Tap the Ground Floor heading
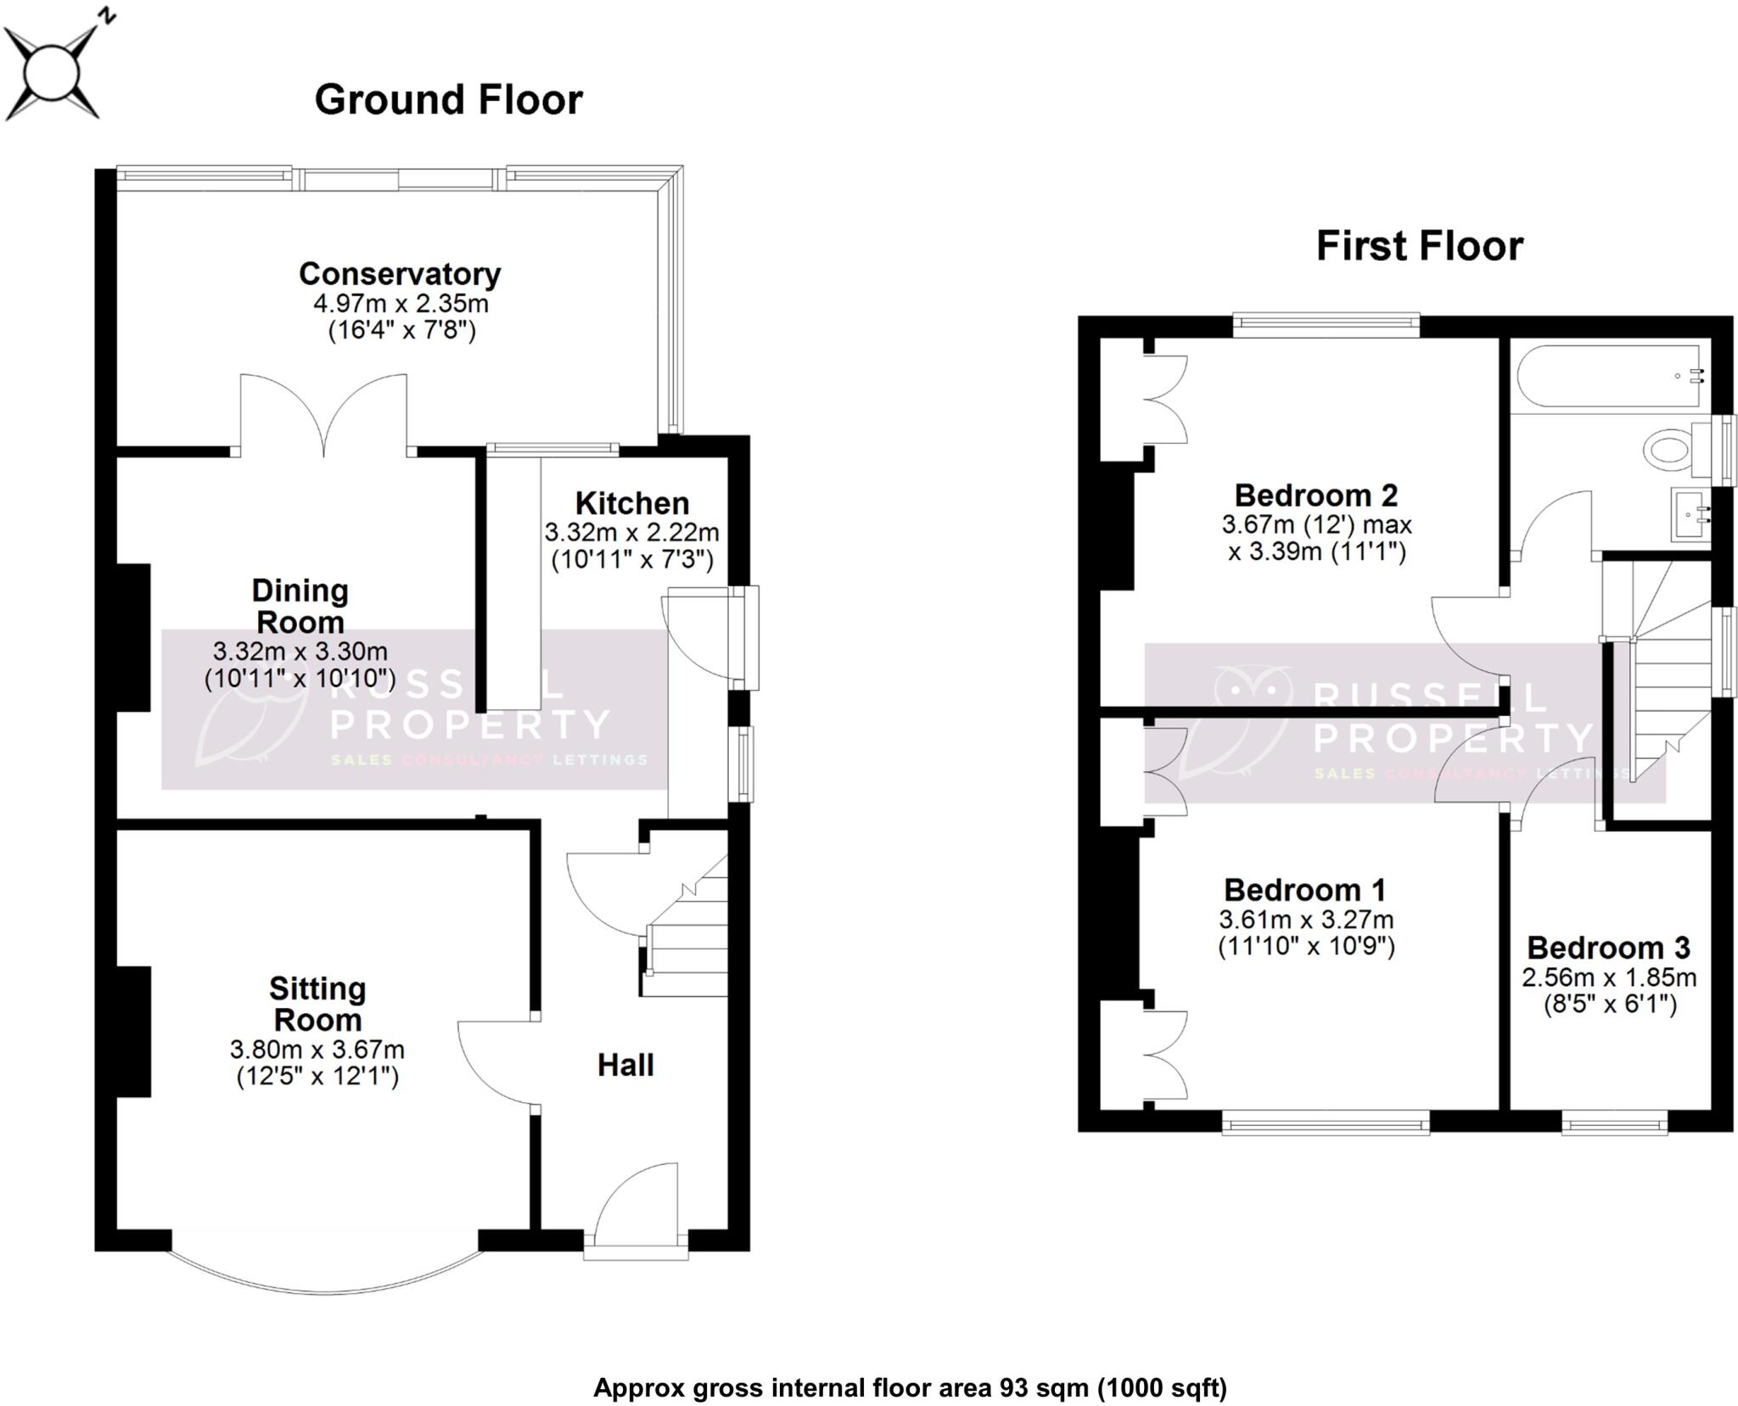click(x=448, y=100)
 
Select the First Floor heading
click(x=1419, y=246)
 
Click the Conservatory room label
click(x=400, y=274)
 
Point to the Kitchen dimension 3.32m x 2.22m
click(x=631, y=533)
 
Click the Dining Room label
click(x=300, y=606)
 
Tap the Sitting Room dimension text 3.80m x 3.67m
click(x=317, y=1050)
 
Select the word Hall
click(x=625, y=1065)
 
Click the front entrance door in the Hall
click(x=636, y=1205)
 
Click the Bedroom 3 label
click(x=1608, y=948)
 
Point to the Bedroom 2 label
click(x=1315, y=495)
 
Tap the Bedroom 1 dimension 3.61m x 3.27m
click(x=1306, y=919)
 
